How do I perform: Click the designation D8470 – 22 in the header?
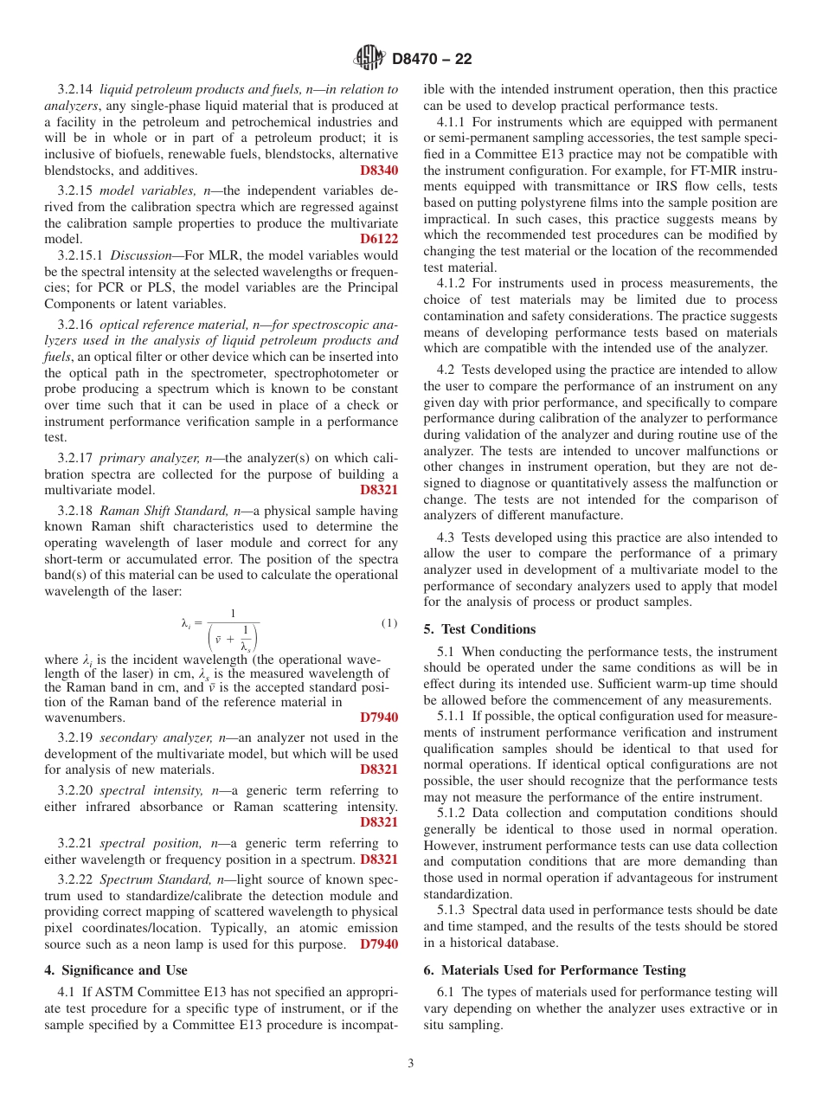click(x=432, y=60)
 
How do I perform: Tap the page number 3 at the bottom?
click(x=411, y=1063)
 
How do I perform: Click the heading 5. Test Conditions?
click(x=479, y=629)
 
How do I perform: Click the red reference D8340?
click(x=379, y=170)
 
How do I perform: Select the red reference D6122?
click(x=379, y=238)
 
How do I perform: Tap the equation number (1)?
click(x=389, y=623)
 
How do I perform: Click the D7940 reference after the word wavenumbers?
click(x=379, y=717)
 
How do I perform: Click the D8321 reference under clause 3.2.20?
click(x=379, y=822)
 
